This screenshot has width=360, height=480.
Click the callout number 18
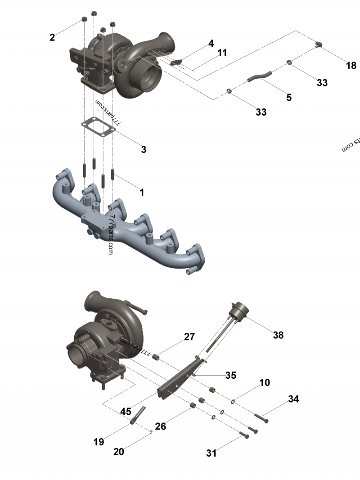click(x=351, y=66)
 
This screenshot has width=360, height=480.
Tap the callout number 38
click(x=278, y=335)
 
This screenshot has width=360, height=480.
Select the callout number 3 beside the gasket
click(x=144, y=150)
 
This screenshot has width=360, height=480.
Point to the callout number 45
click(x=126, y=411)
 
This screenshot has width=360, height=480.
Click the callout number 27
click(x=189, y=337)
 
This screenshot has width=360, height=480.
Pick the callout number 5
click(x=289, y=97)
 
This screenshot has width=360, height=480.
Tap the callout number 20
click(x=118, y=452)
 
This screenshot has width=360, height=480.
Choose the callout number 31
click(x=211, y=453)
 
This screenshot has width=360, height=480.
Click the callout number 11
click(x=222, y=53)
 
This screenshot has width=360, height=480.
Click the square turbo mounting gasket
click(x=98, y=126)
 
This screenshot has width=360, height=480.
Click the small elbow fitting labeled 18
click(x=319, y=44)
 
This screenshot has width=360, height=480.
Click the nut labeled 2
click(x=84, y=19)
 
